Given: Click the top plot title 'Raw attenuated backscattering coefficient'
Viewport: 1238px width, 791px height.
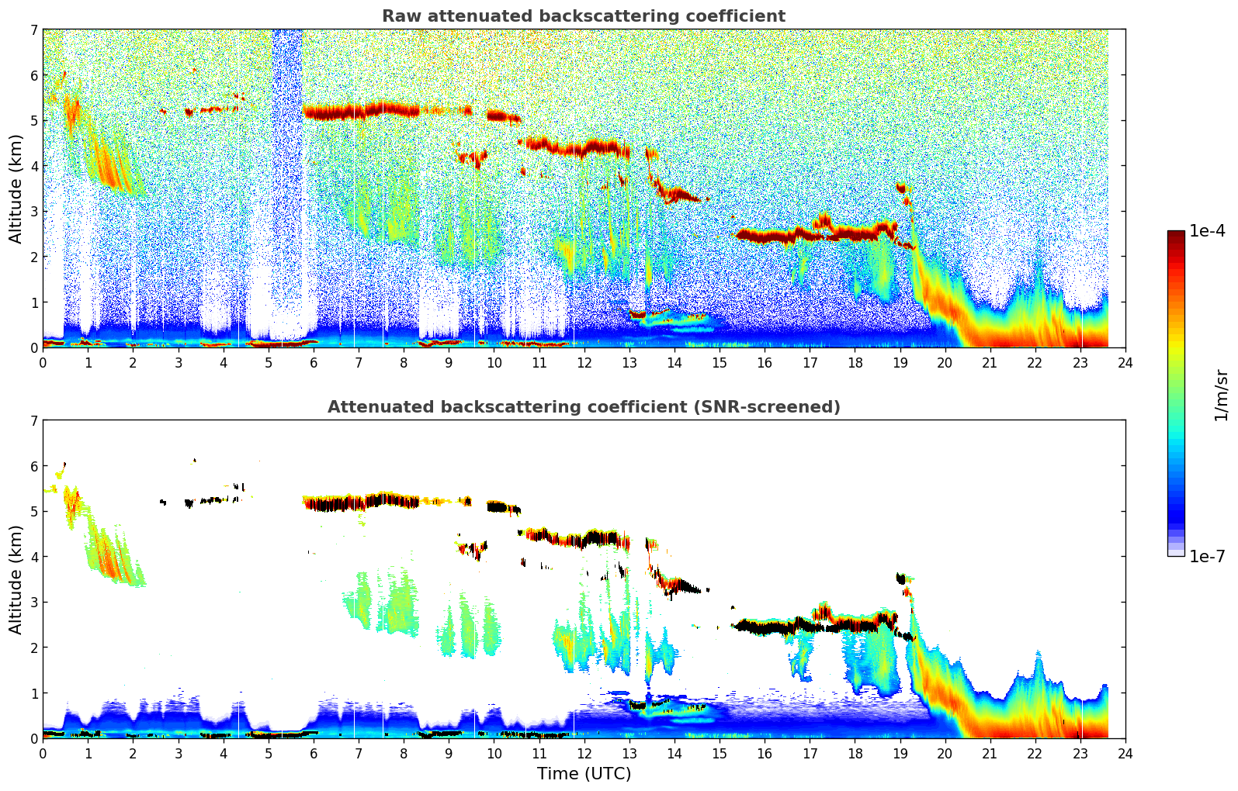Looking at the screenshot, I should click(x=584, y=16).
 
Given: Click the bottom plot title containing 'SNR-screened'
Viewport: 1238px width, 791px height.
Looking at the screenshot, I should click(x=584, y=407).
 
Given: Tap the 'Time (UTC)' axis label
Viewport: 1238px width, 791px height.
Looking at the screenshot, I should click(x=584, y=774).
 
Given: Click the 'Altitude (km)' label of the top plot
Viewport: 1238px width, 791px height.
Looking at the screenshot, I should click(x=16, y=188).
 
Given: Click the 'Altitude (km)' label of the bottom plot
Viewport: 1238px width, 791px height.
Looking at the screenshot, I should click(x=16, y=579).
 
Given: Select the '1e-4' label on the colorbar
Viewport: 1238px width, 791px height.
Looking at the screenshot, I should click(x=1207, y=231).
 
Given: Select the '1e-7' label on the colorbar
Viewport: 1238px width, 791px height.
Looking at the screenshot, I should click(x=1207, y=556).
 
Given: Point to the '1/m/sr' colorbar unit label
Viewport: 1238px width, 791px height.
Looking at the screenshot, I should click(x=1221, y=395).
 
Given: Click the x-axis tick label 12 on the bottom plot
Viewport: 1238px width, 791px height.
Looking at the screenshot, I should click(x=584, y=753).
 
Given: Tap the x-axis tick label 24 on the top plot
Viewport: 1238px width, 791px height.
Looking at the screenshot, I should click(x=1125, y=362).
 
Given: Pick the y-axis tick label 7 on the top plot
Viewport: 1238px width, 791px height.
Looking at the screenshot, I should click(x=34, y=30).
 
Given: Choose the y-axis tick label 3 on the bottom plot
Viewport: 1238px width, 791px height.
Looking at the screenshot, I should click(x=34, y=603).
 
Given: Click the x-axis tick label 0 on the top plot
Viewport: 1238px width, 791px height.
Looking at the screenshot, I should click(x=43, y=362).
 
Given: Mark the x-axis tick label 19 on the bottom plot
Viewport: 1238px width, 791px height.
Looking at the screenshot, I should click(x=900, y=753).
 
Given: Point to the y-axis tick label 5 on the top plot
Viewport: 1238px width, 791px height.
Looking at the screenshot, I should click(x=34, y=121).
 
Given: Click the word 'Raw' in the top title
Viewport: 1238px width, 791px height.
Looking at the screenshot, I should click(x=400, y=16).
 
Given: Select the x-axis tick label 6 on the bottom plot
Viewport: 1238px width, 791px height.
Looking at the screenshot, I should click(x=314, y=753).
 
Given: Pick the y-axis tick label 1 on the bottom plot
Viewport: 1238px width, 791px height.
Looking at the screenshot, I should click(x=34, y=693).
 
